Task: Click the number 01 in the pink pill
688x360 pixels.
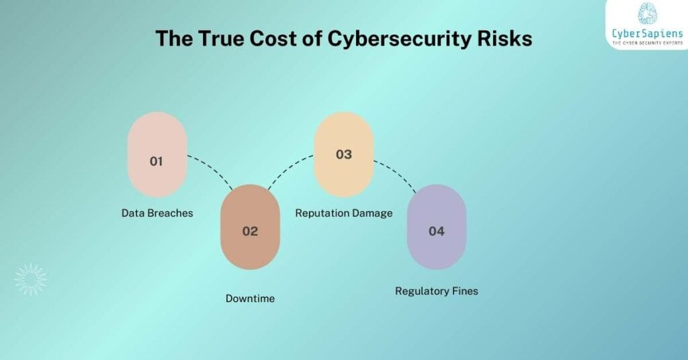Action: [157, 161]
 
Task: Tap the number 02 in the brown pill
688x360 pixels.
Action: [250, 231]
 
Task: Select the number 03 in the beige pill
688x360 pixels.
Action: [343, 154]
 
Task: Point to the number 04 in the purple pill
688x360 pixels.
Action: [437, 231]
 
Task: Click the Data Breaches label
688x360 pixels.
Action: [157, 213]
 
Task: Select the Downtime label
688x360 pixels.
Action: [250, 298]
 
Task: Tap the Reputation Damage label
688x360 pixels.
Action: [344, 213]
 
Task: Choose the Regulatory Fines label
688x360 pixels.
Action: [437, 291]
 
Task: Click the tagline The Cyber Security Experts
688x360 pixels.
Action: [646, 42]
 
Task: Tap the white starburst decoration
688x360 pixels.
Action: [31, 279]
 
